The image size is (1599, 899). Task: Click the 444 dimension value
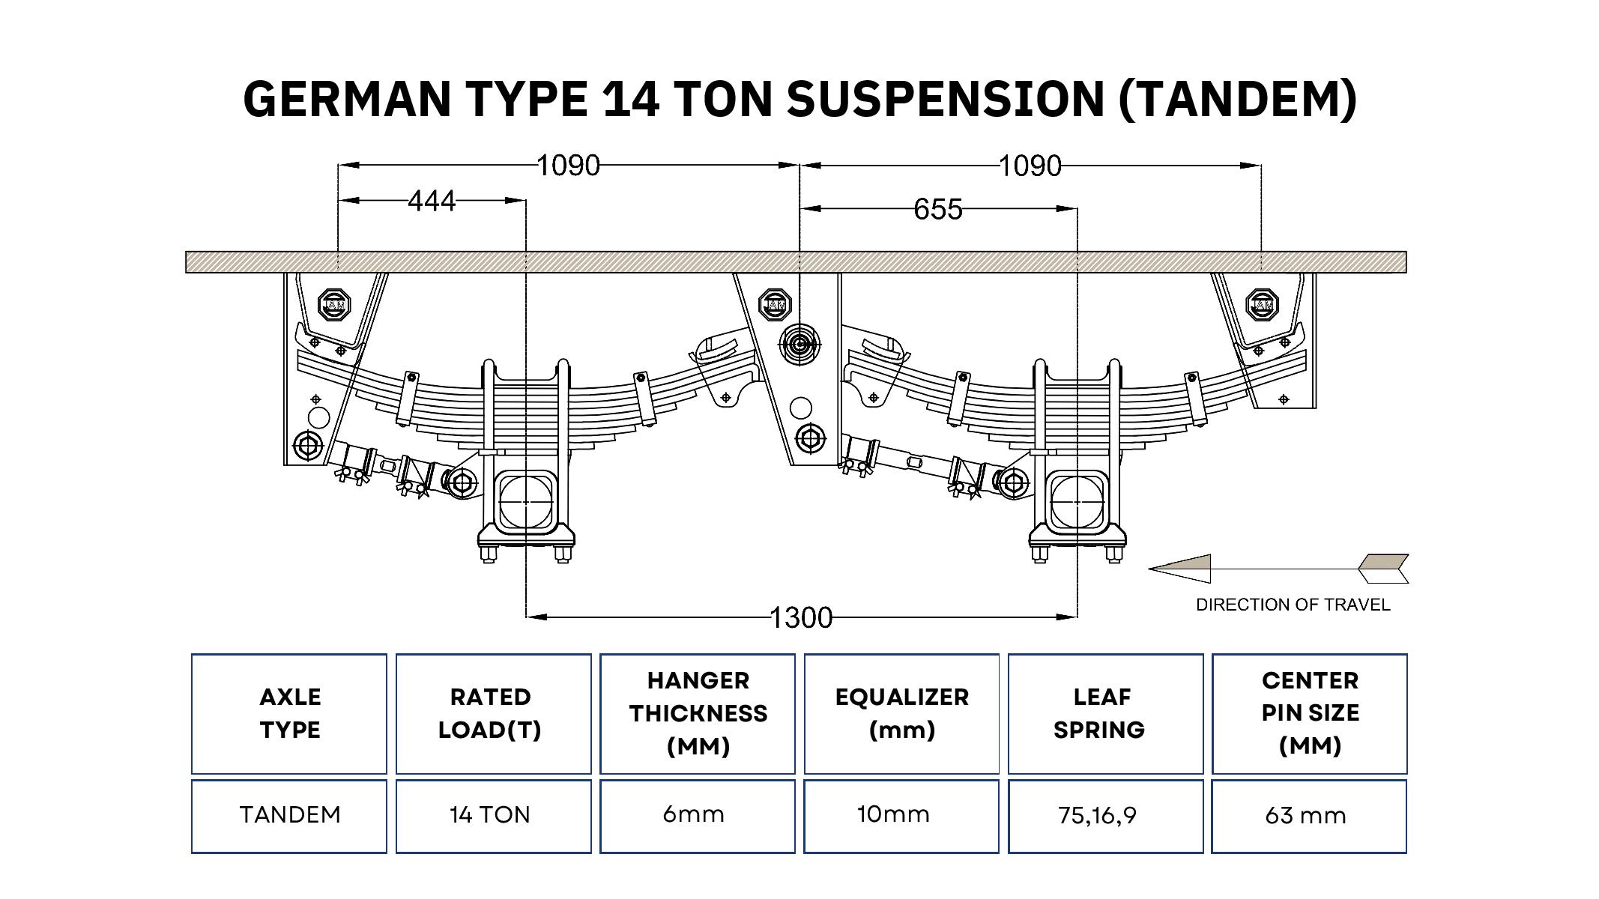click(x=432, y=201)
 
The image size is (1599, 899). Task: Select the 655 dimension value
click(x=938, y=209)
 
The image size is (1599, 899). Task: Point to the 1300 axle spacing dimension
click(x=801, y=617)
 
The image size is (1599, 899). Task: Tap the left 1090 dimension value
click(x=569, y=165)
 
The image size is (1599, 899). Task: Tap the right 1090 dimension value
click(x=1030, y=165)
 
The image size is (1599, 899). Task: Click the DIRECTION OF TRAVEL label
click(x=1293, y=605)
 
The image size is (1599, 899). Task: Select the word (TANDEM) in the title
click(x=1237, y=99)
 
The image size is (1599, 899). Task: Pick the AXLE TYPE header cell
click(x=289, y=714)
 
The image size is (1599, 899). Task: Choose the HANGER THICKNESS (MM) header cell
click(x=698, y=714)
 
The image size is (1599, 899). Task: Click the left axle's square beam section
click(x=525, y=500)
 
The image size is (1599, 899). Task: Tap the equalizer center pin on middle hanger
click(x=799, y=345)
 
